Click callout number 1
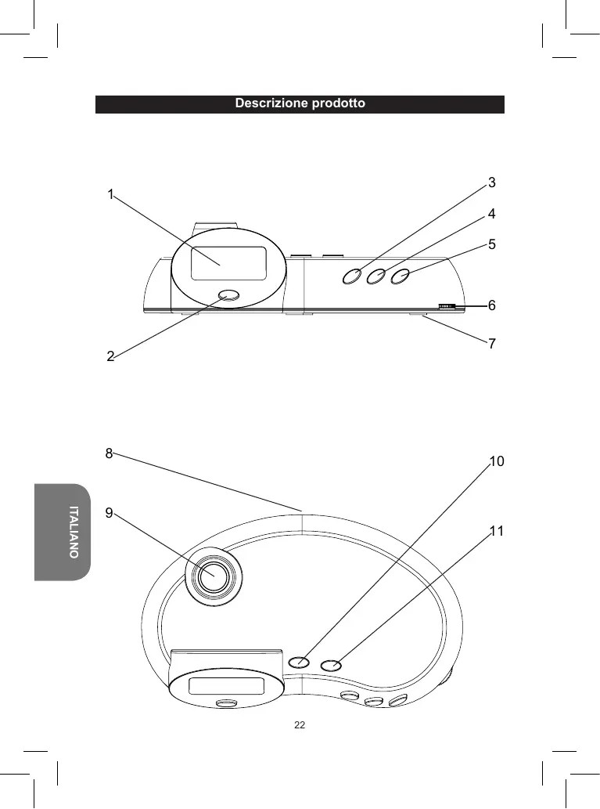pos(110,194)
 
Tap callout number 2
pos(110,356)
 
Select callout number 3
pos(492,182)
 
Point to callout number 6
pos(492,305)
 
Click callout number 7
pos(492,343)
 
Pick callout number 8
pos(109,453)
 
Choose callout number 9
pos(109,513)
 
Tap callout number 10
pos(497,461)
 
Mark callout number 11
pos(497,531)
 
